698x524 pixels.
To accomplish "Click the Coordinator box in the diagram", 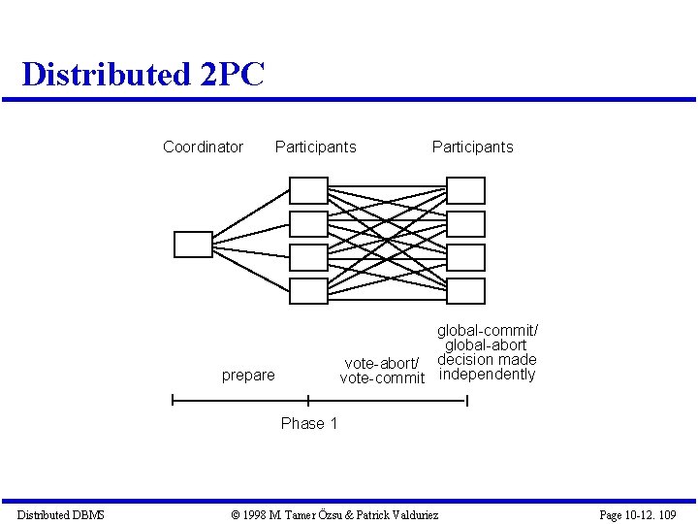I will click(x=192, y=244).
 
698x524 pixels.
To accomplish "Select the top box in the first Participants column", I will click(x=308, y=190).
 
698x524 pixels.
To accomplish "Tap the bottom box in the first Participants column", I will click(x=308, y=290).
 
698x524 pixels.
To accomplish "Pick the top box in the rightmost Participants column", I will click(x=465, y=190).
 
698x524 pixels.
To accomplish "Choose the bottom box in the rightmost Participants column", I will click(x=465, y=290).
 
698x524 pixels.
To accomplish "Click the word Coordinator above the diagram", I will click(x=203, y=147).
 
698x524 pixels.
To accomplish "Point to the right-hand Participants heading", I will click(x=472, y=147).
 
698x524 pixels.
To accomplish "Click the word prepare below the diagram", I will click(x=248, y=376).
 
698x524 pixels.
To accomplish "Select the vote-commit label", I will click(x=382, y=378).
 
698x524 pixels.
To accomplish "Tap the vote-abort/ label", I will click(x=382, y=363).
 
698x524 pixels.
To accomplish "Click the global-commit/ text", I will click(x=487, y=331).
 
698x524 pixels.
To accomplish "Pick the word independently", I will click(x=487, y=375).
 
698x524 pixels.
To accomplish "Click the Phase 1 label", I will click(x=309, y=423).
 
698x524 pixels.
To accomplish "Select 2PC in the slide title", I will click(x=232, y=75).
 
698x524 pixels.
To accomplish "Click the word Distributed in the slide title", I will click(x=106, y=75).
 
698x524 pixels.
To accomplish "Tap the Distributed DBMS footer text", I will click(x=60, y=515).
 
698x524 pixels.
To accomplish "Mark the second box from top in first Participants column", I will click(x=308, y=224).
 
